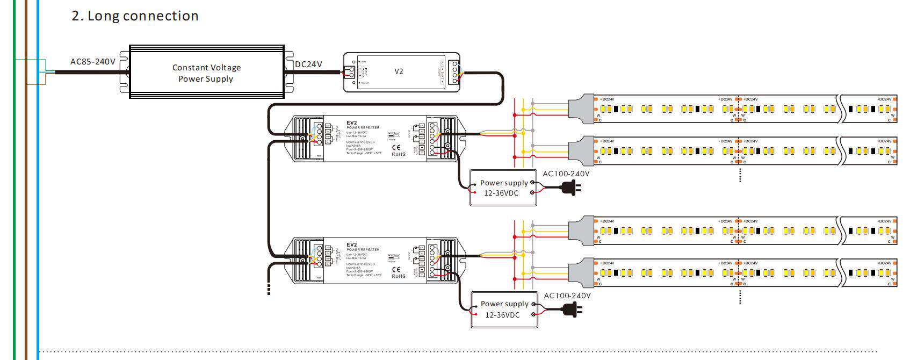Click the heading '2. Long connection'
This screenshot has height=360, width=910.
pos(135,16)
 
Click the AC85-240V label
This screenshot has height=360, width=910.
pos(92,62)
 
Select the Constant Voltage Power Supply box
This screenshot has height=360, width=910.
pos(206,72)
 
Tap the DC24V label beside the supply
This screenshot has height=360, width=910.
pos(308,64)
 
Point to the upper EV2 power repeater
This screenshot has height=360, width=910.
pos(374,139)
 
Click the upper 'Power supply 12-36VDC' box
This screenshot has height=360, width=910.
pos(503,188)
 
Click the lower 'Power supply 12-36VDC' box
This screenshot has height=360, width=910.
pos(504,309)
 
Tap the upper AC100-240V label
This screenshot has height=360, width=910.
pos(566,174)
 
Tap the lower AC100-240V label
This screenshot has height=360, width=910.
pos(567,296)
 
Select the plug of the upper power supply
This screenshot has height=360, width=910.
pos(570,188)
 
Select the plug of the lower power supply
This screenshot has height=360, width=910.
pos(572,309)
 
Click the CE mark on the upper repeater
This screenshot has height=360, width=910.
pos(396,147)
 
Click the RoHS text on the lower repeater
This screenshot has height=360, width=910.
pos(399,276)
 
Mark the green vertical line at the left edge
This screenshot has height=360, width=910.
pos(15,215)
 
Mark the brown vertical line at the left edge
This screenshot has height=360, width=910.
pos(26,215)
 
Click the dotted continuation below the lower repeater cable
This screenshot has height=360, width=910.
pos(269,289)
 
